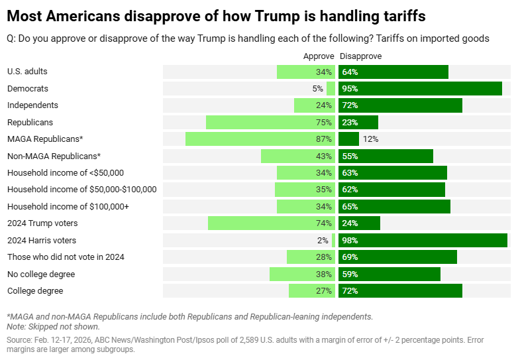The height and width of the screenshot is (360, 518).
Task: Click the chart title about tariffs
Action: [216, 15]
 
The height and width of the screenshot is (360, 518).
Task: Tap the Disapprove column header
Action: [360, 56]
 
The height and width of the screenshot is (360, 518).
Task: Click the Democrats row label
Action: [28, 88]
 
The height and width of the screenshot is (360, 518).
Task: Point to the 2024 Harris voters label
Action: [42, 240]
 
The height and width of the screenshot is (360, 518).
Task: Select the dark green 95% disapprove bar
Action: [420, 88]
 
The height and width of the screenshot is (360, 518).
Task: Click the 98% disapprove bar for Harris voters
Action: [423, 240]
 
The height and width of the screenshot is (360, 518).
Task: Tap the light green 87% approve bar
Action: [260, 139]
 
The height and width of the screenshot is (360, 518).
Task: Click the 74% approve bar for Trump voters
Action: [272, 223]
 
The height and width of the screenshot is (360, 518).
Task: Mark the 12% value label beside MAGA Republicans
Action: [371, 139]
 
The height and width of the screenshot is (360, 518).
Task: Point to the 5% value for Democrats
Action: [317, 88]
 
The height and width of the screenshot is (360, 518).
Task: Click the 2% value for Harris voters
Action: [323, 240]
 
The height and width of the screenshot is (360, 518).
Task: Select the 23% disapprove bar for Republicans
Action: [358, 122]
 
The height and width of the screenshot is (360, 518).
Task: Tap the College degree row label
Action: [35, 291]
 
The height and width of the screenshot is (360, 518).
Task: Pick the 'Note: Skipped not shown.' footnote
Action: [53, 326]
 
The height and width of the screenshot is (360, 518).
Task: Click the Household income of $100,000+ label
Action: [68, 206]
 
